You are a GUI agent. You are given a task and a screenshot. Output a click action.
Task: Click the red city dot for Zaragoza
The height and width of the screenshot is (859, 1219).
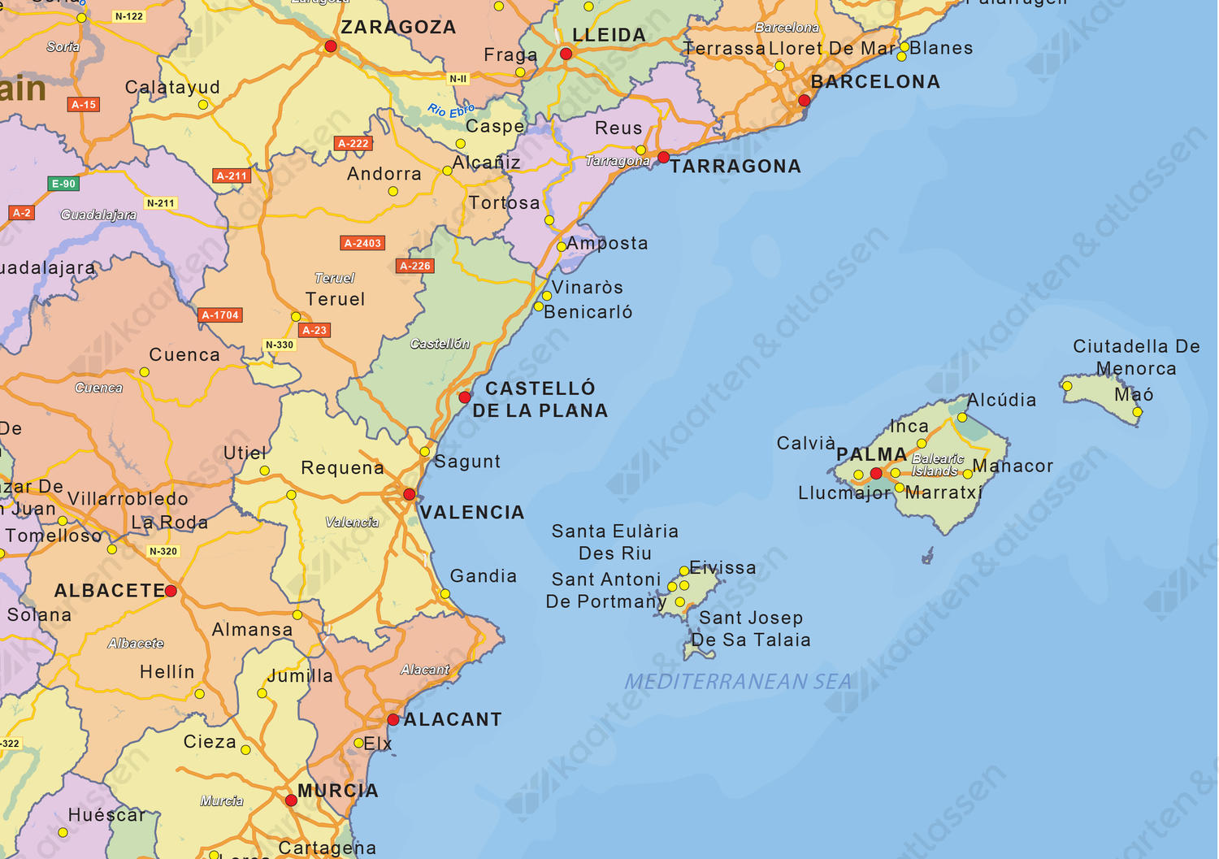331,46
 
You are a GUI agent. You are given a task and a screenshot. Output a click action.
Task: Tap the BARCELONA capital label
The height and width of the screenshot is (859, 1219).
875,82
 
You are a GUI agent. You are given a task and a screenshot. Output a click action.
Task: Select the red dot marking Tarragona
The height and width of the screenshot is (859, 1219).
664,157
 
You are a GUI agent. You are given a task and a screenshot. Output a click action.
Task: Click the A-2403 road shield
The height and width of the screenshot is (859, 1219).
362,243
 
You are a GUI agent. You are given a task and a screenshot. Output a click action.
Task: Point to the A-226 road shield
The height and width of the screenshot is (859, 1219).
415,266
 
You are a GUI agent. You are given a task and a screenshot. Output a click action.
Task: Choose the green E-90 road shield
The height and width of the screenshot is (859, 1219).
63,184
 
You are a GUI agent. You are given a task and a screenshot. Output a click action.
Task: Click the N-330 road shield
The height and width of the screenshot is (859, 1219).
280,345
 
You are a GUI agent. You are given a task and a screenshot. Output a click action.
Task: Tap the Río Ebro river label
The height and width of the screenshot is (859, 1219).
451,111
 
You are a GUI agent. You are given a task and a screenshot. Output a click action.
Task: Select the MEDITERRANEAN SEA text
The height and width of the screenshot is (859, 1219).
738,682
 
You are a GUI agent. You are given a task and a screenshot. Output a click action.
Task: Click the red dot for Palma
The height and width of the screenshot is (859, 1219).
876,473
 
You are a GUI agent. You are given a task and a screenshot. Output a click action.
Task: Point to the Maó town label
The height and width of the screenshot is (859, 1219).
1134,395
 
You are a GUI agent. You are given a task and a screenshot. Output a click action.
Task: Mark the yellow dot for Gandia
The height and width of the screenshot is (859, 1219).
445,594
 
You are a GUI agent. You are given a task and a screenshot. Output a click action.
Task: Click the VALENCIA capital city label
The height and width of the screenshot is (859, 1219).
472,513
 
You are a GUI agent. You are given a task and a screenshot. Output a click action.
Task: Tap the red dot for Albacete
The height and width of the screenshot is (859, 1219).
171,591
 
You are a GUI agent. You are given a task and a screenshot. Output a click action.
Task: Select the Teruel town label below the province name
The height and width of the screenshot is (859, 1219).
335,300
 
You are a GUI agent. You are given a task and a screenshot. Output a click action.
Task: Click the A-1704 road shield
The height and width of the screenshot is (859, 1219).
220,315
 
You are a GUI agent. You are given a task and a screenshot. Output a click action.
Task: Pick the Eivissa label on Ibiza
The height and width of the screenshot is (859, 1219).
722,568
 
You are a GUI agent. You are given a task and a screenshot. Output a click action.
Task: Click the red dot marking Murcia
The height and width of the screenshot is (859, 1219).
291,800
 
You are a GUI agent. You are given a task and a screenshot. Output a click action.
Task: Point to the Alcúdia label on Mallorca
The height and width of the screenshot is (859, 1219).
1001,400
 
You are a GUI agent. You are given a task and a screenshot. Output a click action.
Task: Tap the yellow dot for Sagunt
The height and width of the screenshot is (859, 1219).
424,452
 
